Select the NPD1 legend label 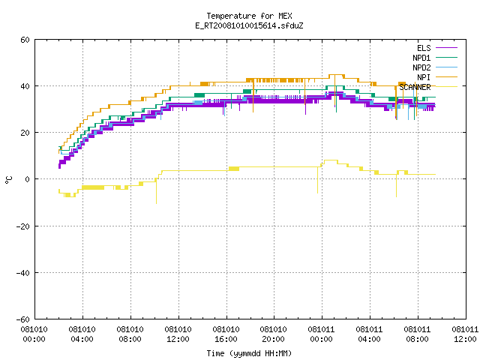point(421,58)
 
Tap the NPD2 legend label point(421,67)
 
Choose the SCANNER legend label point(415,87)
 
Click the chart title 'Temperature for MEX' point(249,16)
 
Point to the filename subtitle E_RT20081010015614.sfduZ point(249,25)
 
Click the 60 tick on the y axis point(25,40)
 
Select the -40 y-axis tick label point(22,273)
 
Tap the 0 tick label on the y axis point(28,179)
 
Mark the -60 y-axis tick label point(22,319)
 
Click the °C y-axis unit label point(8,180)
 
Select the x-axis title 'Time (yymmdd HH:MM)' point(249,353)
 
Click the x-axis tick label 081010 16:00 point(226,334)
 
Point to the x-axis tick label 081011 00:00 point(321,334)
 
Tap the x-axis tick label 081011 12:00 point(465,334)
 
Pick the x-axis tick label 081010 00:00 point(34,334)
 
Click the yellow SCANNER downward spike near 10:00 point(157,191)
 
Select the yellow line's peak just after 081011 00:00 point(331,160)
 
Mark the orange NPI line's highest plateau point(337,75)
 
